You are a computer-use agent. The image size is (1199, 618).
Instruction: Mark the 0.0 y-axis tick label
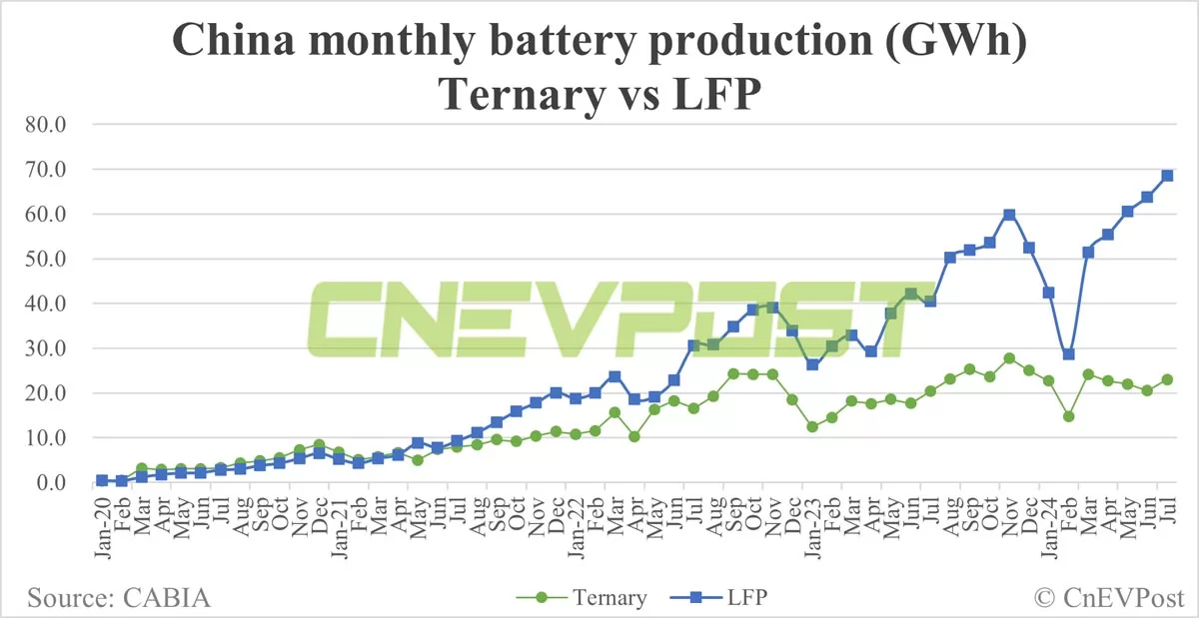pyautogui.click(x=48, y=482)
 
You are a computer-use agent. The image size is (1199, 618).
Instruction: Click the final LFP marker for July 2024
pyautogui.click(x=1167, y=176)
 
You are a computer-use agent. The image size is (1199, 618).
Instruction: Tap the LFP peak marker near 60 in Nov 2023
pyautogui.click(x=1009, y=215)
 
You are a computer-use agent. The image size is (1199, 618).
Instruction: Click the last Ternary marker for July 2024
pyautogui.click(x=1167, y=379)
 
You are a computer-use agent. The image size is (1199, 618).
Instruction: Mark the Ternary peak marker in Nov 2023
pyautogui.click(x=1009, y=358)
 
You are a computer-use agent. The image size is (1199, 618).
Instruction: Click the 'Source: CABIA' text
pyautogui.click(x=119, y=598)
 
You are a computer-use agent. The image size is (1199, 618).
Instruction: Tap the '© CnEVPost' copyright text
pyautogui.click(x=1108, y=598)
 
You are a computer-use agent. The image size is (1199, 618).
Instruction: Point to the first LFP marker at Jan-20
pyautogui.click(x=102, y=480)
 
